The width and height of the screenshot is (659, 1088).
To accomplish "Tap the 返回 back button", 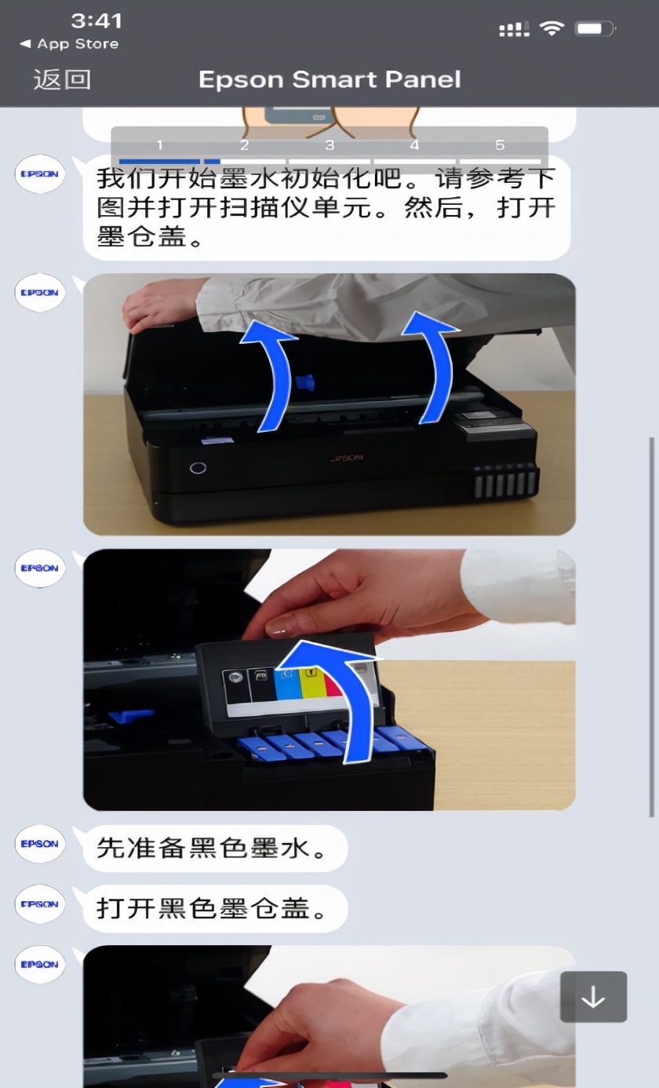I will (62, 79).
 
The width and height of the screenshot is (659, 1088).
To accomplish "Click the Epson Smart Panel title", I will (329, 79).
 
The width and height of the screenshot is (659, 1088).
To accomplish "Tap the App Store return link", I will (70, 44).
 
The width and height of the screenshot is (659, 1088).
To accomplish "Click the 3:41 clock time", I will (96, 20).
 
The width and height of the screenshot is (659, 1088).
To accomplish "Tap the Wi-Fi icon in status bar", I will (552, 29).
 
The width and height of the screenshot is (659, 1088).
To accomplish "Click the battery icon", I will (595, 29).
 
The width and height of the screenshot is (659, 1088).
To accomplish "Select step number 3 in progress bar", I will (329, 146).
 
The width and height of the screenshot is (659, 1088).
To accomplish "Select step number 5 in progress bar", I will (500, 146).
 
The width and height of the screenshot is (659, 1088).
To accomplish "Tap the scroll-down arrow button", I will (593, 997).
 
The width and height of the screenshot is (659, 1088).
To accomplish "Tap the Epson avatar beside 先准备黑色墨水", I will (39, 844).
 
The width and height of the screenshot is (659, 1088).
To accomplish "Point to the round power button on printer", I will (198, 468).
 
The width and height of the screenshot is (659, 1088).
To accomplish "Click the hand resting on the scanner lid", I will (161, 306).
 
